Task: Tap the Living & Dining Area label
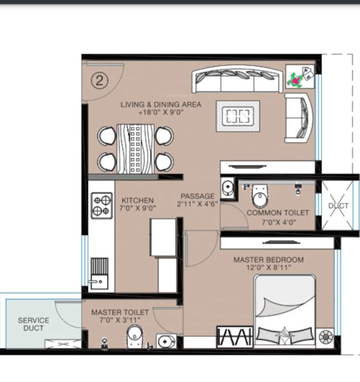[x=161, y=105]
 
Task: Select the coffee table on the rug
[x=238, y=116]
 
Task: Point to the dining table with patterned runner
[x=135, y=148]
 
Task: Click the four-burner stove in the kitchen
[x=101, y=205]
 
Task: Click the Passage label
[x=197, y=196]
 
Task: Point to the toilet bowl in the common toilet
[x=259, y=197]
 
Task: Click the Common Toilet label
[x=278, y=212]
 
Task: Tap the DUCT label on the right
[x=338, y=205]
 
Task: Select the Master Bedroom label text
[x=268, y=260]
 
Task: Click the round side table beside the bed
[x=326, y=337]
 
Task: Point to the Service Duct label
[x=33, y=324]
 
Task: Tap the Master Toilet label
[x=120, y=312]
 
